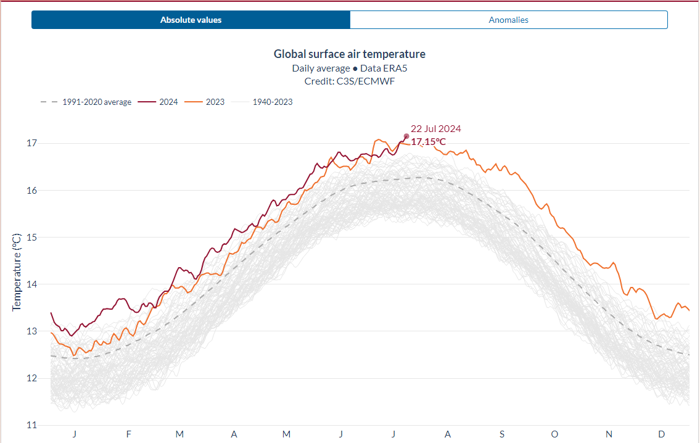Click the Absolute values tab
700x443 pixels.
(x=191, y=20)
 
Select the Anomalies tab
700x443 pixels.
(x=508, y=20)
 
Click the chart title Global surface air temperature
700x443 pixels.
(x=349, y=54)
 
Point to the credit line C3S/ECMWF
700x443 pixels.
(x=349, y=81)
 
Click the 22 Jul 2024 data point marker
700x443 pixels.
(x=406, y=136)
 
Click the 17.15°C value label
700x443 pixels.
(x=428, y=142)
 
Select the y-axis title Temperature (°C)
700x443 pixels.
(x=17, y=271)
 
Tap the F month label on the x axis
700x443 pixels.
(x=128, y=434)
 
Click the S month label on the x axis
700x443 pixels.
(x=501, y=434)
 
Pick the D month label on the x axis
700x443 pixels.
(x=662, y=434)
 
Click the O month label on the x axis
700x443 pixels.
(x=554, y=434)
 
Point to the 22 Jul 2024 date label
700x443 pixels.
(x=435, y=129)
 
